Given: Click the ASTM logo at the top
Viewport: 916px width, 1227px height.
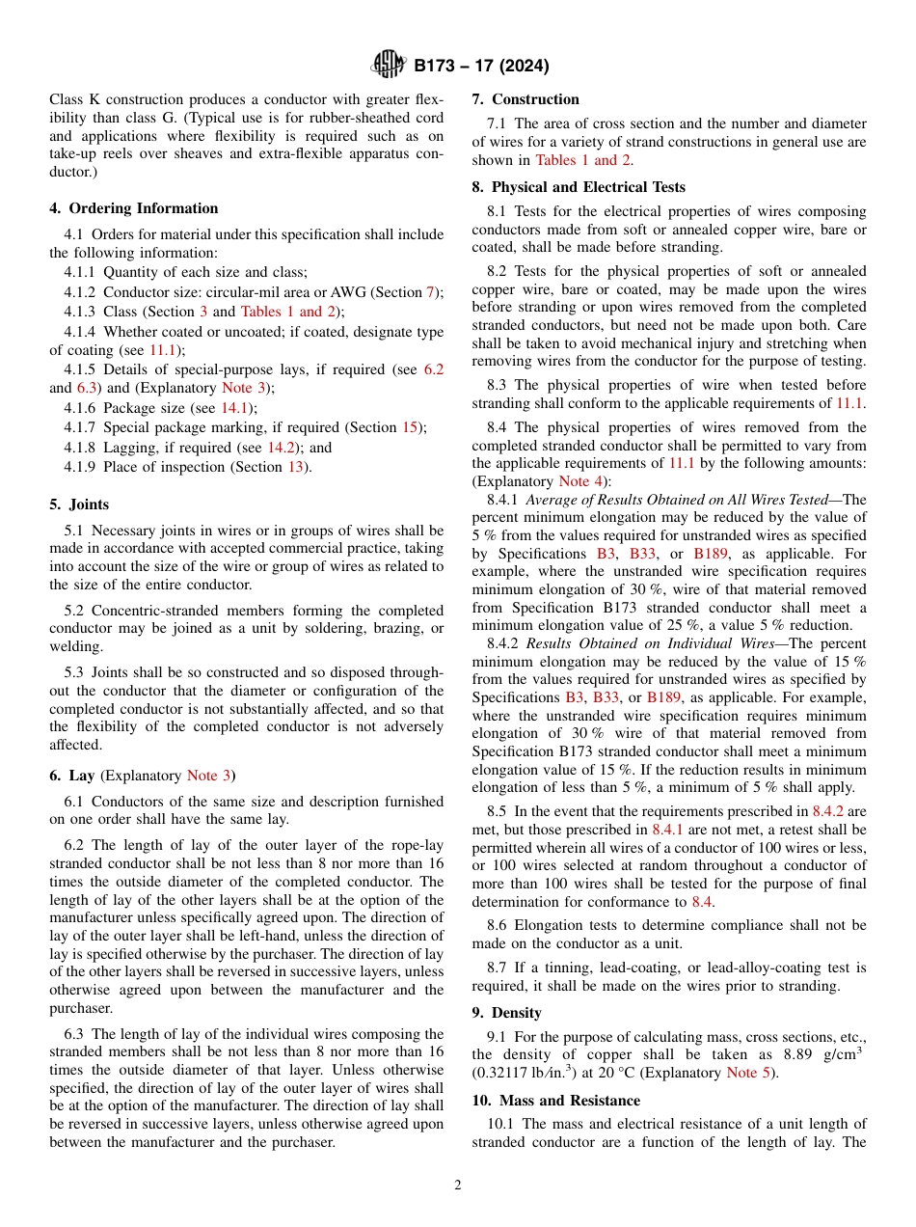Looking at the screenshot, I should (x=389, y=66).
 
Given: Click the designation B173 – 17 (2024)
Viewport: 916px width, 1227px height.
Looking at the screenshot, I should (x=481, y=67).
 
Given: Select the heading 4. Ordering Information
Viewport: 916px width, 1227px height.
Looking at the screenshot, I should (x=133, y=208).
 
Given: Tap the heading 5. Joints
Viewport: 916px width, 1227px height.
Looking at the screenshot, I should (x=79, y=504).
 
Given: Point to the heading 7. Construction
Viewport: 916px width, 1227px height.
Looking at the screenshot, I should (x=525, y=99).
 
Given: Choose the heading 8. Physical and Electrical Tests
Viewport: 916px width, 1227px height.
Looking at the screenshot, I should (x=577, y=187).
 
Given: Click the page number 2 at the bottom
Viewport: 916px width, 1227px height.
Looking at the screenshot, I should (x=458, y=1186).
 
